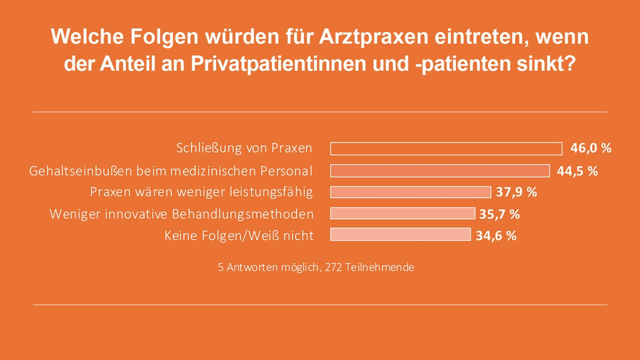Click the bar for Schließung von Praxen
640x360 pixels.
[x=446, y=148]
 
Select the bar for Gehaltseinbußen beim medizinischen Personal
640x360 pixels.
[x=440, y=171]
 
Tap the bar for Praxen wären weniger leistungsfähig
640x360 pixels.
[x=411, y=192]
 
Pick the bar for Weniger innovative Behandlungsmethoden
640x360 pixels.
[x=403, y=213]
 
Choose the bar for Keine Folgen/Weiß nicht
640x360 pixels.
[x=401, y=235]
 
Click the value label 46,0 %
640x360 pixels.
[x=591, y=148]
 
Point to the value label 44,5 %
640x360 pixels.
[x=578, y=171]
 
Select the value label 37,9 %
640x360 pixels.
[x=516, y=192]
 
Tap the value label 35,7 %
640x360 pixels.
[x=500, y=214]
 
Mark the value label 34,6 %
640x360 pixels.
[x=496, y=235]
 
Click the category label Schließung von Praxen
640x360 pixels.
[x=244, y=148]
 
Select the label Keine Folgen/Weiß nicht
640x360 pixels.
[x=239, y=235]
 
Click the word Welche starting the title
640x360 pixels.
[x=83, y=37]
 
